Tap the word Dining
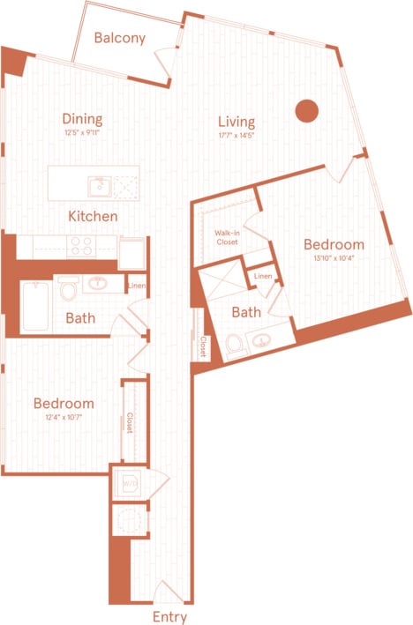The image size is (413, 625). tap(82, 119)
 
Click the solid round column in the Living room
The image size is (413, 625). tap(305, 110)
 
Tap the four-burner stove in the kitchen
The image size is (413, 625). tap(83, 246)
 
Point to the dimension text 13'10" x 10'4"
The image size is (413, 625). tap(334, 258)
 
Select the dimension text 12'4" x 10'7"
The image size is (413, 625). tap(64, 418)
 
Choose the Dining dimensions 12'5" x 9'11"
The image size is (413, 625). tap(82, 133)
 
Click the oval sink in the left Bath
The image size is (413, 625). tap(97, 285)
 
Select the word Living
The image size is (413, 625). tap(237, 122)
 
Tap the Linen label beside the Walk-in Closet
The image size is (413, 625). tap(263, 278)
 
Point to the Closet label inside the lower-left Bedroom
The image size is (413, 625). tap(130, 424)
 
